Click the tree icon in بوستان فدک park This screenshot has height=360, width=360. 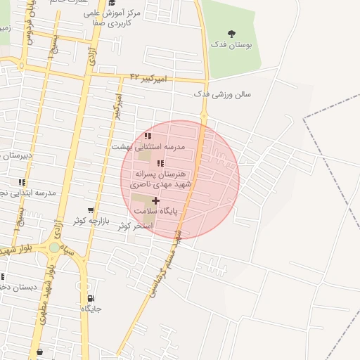click(233, 33)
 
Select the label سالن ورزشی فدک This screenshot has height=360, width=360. click(223, 94)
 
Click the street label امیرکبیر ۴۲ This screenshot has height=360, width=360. click(147, 77)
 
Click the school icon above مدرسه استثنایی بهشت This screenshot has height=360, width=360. click(147, 136)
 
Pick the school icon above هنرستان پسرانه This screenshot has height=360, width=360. click(161, 163)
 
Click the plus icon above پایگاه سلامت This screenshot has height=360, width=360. click(155, 200)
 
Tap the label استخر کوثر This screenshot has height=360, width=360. click(135, 226)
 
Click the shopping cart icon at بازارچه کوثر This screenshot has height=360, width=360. click(91, 210)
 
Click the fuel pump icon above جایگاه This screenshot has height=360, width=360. click(91, 299)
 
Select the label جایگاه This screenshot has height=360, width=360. click(91, 309)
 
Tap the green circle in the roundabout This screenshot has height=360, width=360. click(55, 247)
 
